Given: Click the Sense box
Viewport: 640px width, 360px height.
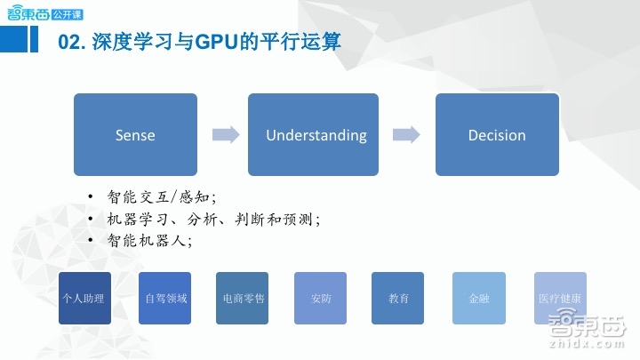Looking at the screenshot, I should tap(135, 134).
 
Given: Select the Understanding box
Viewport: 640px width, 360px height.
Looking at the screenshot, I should tap(316, 134).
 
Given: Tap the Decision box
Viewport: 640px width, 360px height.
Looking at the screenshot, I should tap(497, 134).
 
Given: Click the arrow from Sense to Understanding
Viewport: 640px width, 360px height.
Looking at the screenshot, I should tap(226, 135).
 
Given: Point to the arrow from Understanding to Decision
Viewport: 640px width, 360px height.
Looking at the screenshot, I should tap(406, 135).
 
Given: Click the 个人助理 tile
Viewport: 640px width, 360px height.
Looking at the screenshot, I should tap(84, 299).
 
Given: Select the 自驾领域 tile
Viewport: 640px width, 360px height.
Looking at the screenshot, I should tap(165, 299).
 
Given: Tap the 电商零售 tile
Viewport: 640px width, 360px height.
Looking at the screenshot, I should tap(243, 299).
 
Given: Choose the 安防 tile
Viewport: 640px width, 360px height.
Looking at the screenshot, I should tap(321, 299).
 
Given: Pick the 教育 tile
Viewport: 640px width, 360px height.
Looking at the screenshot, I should tap(398, 299).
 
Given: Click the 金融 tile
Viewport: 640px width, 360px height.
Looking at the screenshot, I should tap(478, 299).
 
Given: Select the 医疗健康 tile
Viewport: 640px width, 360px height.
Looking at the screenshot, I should tap(560, 299).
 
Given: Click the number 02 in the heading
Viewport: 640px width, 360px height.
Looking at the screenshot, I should tap(69, 41).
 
